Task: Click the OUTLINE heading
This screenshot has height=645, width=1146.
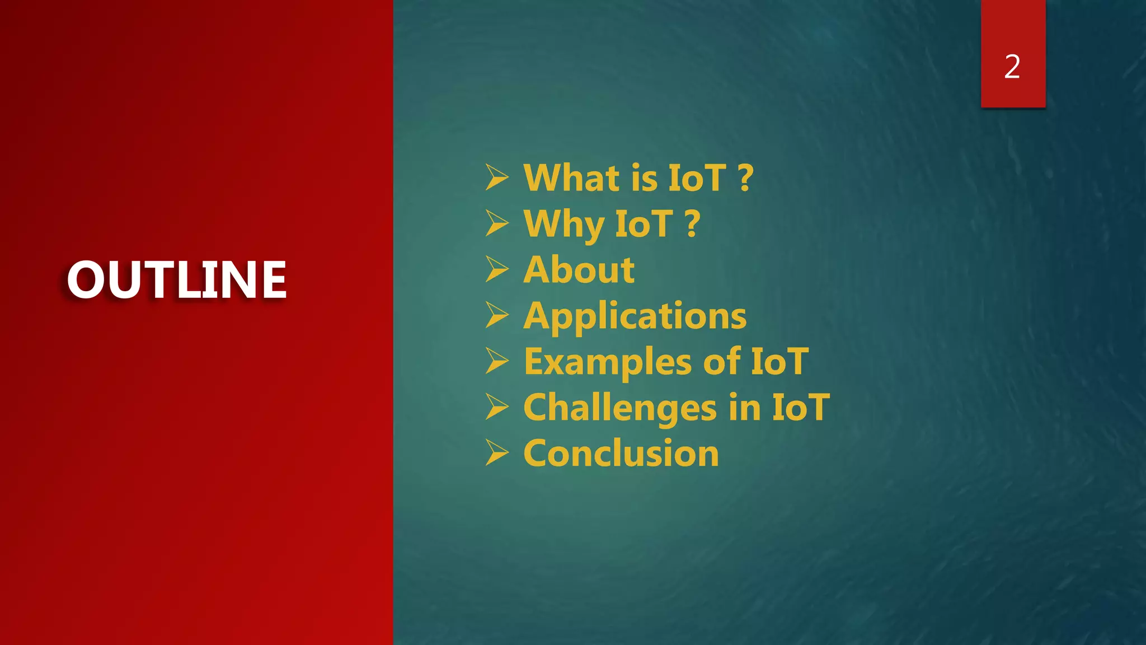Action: tap(176, 279)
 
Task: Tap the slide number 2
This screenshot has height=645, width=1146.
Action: tap(1012, 67)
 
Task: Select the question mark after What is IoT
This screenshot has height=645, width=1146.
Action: tap(746, 178)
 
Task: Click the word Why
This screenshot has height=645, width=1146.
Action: tap(563, 224)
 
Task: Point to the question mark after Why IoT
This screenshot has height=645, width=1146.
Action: tap(693, 224)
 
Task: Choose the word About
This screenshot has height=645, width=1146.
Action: tap(579, 270)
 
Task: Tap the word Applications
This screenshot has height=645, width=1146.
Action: tap(635, 316)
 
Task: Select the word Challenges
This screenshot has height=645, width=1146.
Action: tap(619, 408)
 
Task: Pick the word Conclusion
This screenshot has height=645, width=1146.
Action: tap(621, 454)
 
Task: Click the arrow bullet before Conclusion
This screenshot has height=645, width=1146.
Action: tap(496, 453)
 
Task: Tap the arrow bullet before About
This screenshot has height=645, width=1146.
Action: tap(496, 269)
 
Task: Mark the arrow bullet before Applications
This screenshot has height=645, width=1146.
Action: tap(496, 315)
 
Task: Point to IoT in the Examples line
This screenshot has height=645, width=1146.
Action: tap(779, 362)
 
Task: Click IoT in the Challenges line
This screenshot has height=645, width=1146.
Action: tap(801, 408)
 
